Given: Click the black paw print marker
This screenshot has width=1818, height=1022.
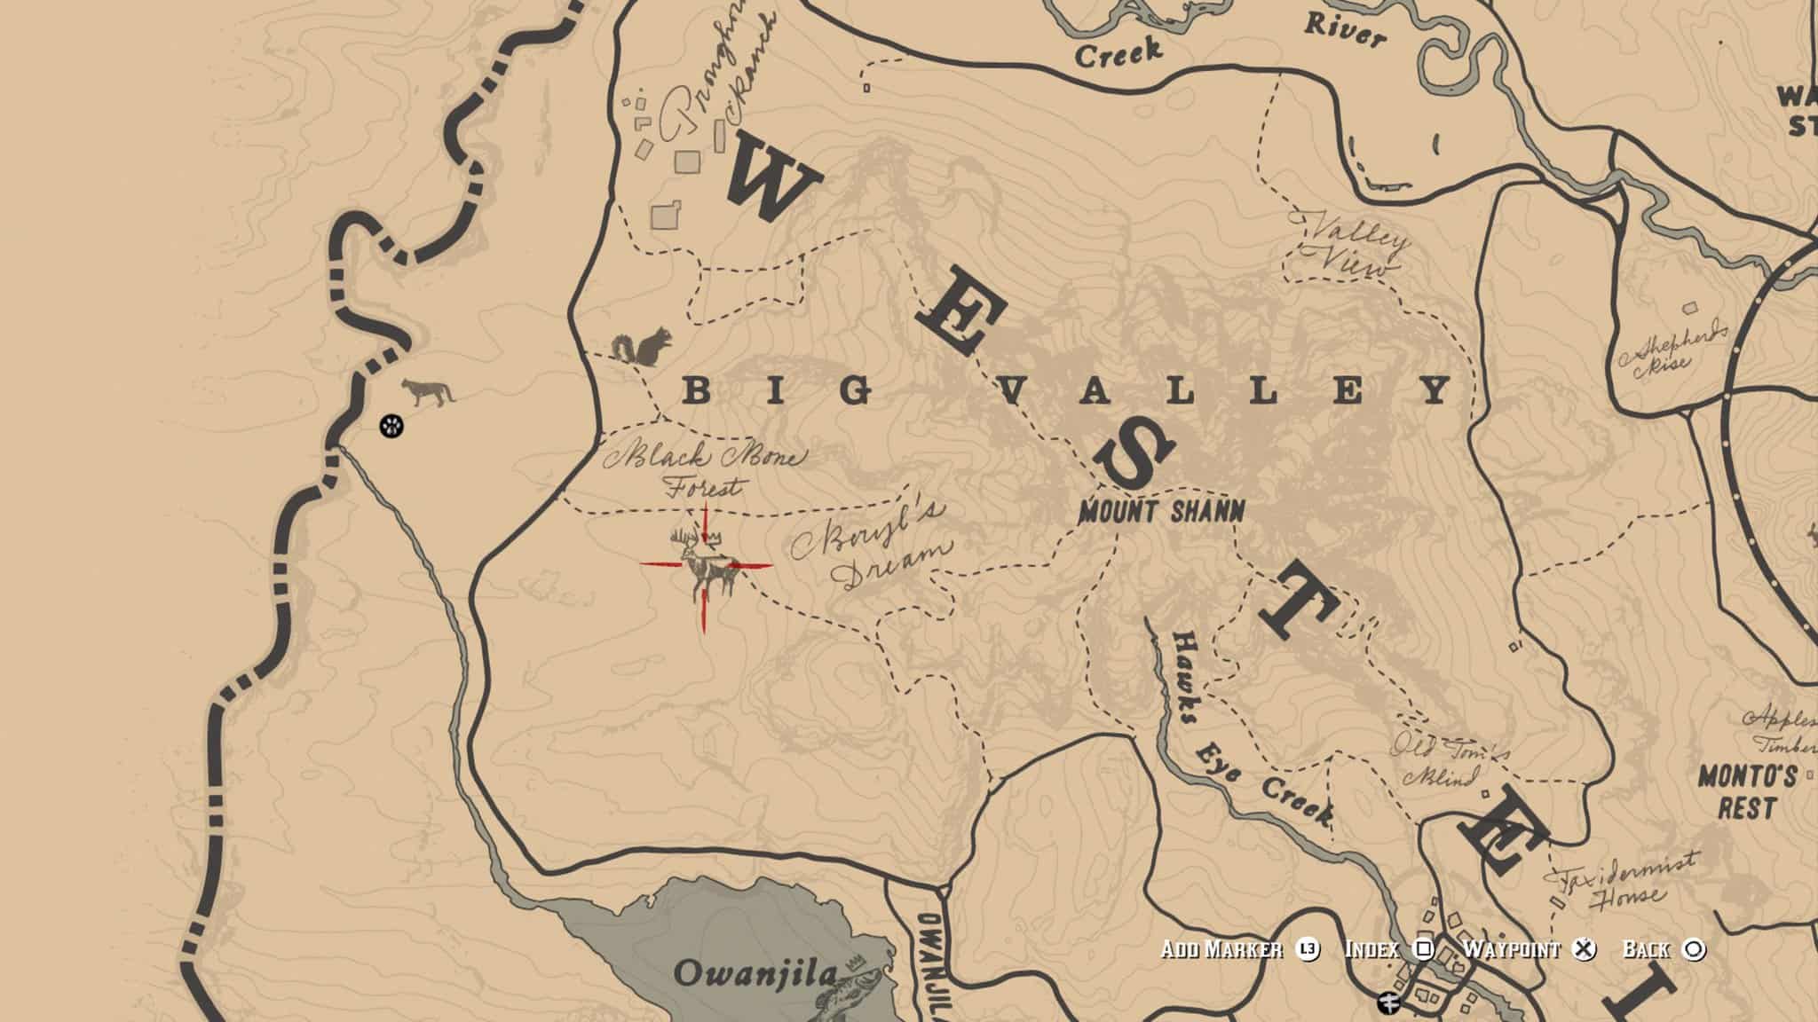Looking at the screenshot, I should [391, 427].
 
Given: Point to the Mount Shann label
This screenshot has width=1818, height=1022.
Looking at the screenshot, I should [1161, 511].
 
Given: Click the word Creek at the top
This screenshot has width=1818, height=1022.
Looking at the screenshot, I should [1118, 52].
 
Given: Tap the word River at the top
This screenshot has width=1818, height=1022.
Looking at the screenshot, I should [1344, 30].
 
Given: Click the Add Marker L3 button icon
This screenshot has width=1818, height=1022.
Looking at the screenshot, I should [1307, 949].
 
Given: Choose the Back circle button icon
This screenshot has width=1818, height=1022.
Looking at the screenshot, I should [1694, 949].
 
